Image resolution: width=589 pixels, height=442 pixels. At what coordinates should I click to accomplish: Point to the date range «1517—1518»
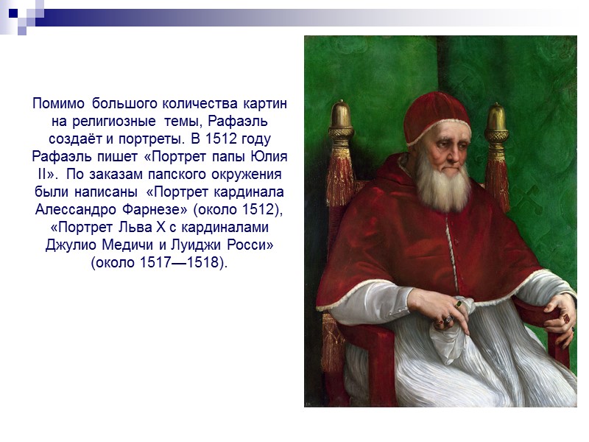click(187, 263)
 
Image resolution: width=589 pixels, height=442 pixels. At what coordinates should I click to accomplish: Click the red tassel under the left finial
click(341, 177)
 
